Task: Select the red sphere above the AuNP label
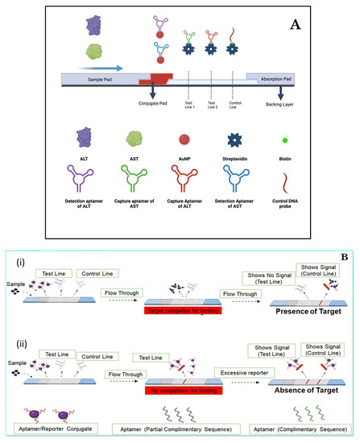pos(180,148)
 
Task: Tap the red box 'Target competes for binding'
pos(180,311)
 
